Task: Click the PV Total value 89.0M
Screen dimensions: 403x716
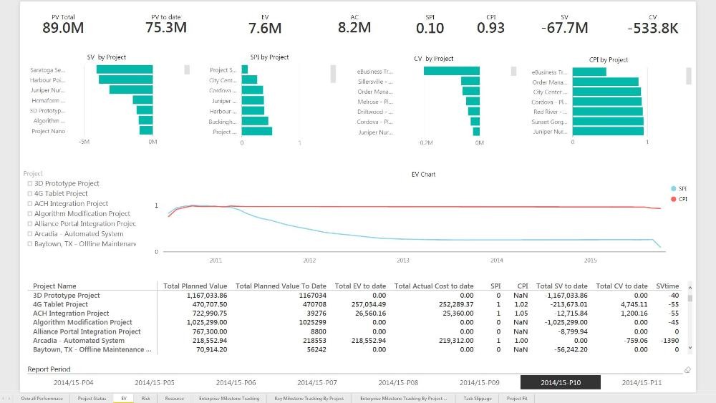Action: [63, 28]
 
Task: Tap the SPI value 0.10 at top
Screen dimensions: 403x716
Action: [430, 28]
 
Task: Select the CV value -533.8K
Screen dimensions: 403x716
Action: [652, 28]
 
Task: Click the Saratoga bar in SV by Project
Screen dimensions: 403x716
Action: [125, 70]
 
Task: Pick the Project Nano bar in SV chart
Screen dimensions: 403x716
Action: [146, 131]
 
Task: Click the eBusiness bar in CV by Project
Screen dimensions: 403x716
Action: [451, 71]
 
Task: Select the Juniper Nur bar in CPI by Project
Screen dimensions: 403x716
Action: [608, 131]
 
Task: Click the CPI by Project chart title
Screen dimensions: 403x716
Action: [608, 60]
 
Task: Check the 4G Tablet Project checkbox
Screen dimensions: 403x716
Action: [30, 193]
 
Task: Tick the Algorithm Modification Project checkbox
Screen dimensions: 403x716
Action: [30, 213]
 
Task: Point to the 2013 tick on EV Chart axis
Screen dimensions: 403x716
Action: [403, 261]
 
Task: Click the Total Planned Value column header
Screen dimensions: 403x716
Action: [195, 286]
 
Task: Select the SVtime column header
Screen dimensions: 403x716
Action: [667, 286]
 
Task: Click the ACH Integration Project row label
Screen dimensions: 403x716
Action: [71, 314]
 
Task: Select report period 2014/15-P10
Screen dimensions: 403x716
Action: [561, 383]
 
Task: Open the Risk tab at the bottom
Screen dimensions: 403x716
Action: [145, 398]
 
